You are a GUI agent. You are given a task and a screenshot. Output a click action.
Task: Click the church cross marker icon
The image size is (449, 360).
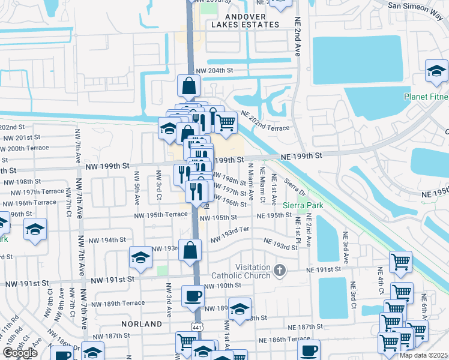click(279, 271)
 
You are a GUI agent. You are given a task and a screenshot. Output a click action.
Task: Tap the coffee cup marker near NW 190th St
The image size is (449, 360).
click(193, 296)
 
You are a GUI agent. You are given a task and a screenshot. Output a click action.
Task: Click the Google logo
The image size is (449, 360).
click(20, 353)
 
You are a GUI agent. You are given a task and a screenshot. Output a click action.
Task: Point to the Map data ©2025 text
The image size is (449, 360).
click(423, 355)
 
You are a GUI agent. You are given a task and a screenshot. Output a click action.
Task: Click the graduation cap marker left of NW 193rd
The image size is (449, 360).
click(140, 257)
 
